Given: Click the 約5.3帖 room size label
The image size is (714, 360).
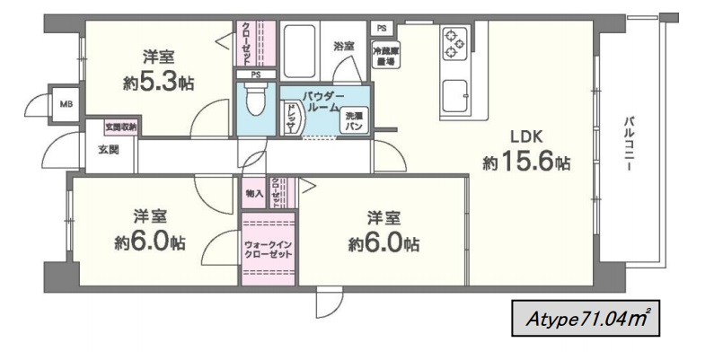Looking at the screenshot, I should pos(158,83).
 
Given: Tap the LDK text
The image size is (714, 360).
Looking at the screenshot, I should pos(526,137).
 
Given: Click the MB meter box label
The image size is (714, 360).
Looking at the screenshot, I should pos(66,103).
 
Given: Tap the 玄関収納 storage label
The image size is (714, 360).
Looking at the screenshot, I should pos(121,127).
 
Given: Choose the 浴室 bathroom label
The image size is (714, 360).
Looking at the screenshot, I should pos(343,46).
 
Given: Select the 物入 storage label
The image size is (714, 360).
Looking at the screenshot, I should pos(253,193).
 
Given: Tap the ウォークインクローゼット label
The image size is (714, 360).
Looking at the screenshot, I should pos(268,249).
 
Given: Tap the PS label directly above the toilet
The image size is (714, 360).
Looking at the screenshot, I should pos(256,74).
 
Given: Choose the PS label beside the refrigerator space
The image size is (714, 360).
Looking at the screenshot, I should pos(382,28).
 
